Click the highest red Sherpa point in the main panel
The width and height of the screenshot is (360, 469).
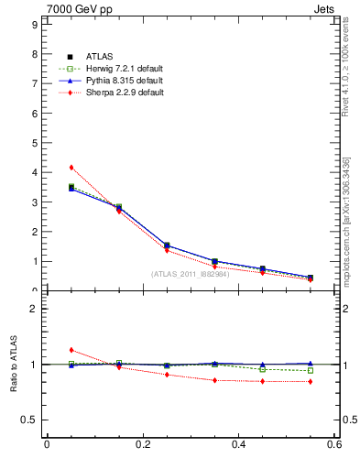[71, 168]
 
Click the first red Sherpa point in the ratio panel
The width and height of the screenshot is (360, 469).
[71, 350]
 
